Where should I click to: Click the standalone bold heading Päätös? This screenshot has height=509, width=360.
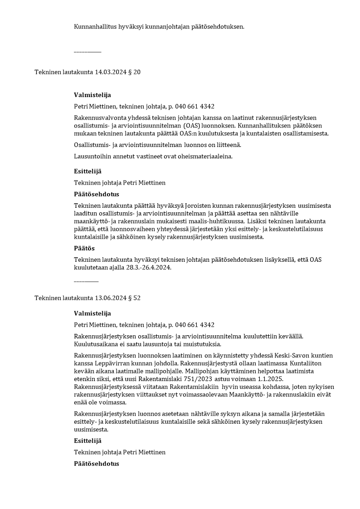[x=84, y=249]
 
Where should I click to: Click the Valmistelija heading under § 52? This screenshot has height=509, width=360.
[x=92, y=313]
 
